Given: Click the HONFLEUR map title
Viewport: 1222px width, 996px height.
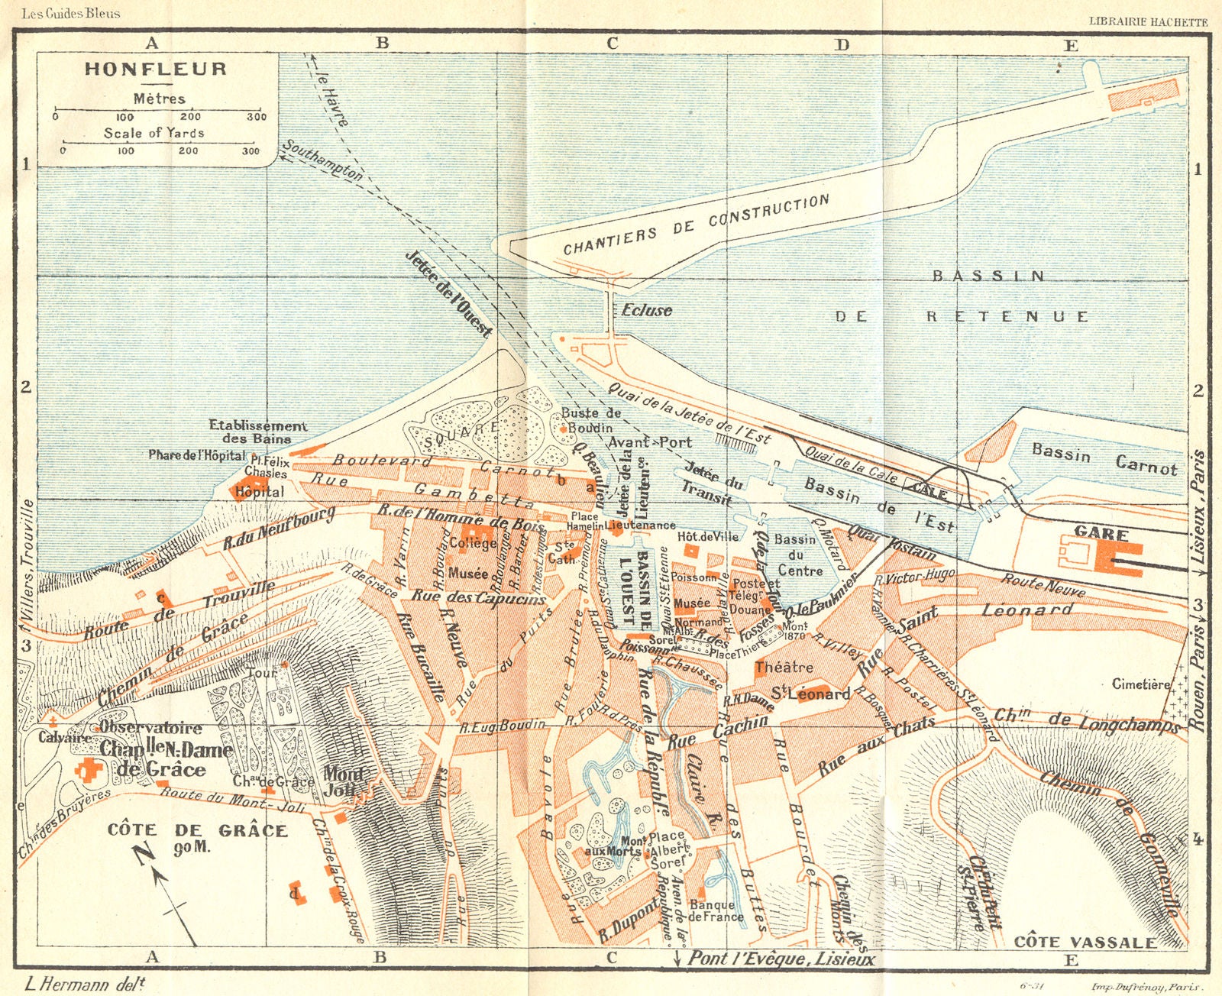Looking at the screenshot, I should coord(156,69).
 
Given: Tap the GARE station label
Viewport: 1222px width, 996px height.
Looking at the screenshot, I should coord(1101,532).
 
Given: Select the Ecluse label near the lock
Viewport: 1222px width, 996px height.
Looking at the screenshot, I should coord(646,310).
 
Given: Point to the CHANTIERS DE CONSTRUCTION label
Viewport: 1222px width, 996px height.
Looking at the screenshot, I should coord(696,225).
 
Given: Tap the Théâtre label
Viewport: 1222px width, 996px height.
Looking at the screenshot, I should coord(784,667).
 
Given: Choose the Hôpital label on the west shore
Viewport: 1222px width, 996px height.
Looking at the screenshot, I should coord(260,492).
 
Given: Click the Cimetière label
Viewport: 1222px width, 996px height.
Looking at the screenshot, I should coord(1140,684).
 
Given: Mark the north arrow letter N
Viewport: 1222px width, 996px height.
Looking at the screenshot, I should coord(142,855).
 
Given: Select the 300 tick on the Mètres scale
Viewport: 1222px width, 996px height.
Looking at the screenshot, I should coord(257,117).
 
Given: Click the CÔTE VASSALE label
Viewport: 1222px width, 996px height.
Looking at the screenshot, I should coord(1085,942).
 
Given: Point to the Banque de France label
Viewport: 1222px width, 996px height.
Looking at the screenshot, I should coord(716,910).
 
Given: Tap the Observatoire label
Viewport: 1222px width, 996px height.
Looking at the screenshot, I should coord(150,727).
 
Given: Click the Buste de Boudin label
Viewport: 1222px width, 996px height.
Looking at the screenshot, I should coord(590,420).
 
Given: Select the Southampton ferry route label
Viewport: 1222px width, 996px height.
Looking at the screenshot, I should coord(322,160).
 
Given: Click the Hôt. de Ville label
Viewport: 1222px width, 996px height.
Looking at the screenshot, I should coord(708,536).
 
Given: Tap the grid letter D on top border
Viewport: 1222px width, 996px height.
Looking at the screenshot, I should coord(842,44).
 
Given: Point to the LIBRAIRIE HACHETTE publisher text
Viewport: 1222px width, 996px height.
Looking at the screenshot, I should coord(1148,22).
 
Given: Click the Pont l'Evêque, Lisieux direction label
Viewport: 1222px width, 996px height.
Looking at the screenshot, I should coord(781,958).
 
